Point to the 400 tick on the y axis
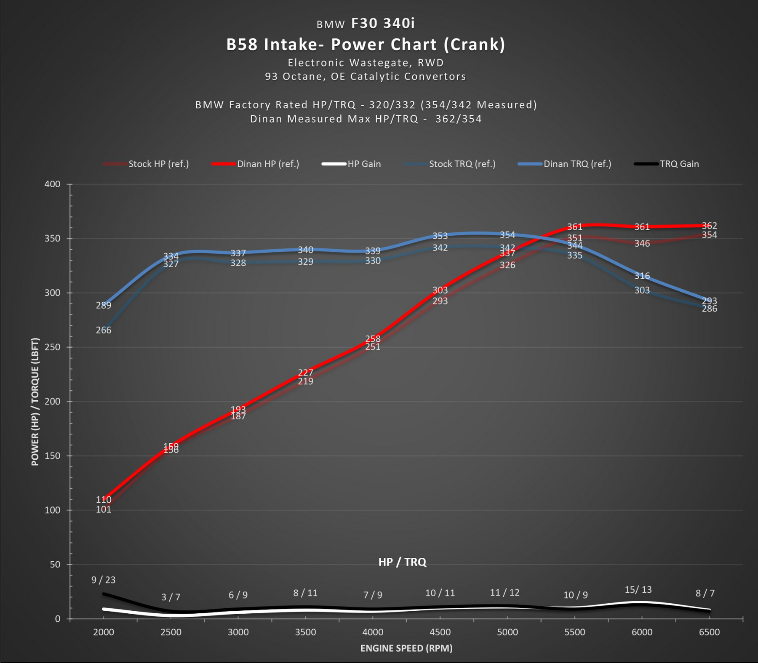(52, 184)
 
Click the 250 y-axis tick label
(52, 347)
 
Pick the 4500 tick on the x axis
(440, 632)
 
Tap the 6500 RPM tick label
(709, 632)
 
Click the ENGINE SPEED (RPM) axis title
(406, 648)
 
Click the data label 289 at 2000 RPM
(104, 305)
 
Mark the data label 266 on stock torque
(104, 330)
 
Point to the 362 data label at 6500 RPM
(710, 226)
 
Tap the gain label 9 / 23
(104, 580)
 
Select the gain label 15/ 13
(638, 590)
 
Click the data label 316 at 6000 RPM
(642, 276)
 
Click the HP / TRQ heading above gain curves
(402, 562)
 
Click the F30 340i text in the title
(383, 23)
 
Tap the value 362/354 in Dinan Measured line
(459, 119)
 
